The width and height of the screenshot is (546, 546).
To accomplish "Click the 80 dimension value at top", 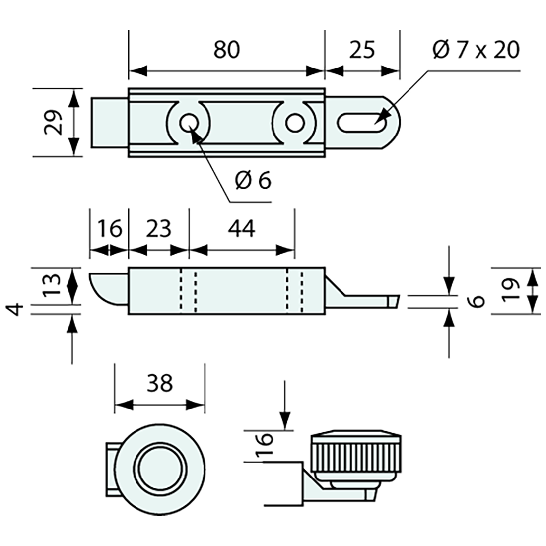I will pos(226,50).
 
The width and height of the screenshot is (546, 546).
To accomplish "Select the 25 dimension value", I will pos(362,50).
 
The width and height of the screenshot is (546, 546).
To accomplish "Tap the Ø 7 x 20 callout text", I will pos(476,50).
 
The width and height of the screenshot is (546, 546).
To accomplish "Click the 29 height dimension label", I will pos(53,122).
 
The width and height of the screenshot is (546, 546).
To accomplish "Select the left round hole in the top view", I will pos(189,122).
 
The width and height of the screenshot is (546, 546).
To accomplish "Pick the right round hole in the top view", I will pos(295,122).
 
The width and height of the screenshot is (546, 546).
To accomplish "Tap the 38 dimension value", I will pos(160,383).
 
